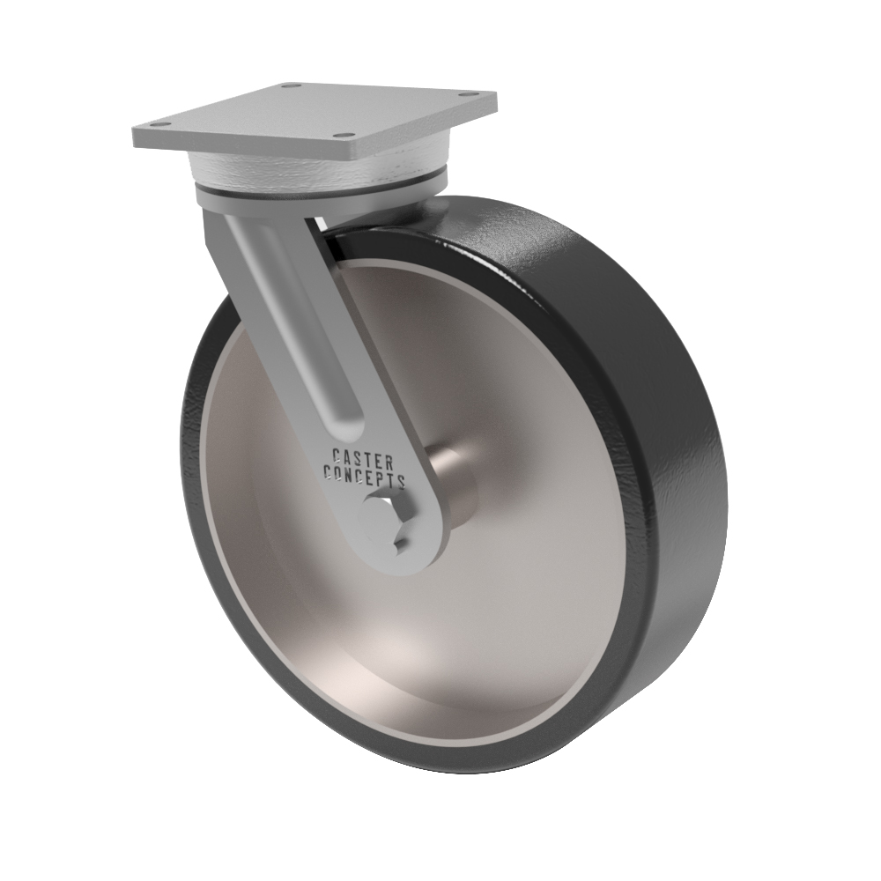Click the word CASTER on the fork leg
363,457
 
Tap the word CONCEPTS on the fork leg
364,477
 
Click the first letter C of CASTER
336,455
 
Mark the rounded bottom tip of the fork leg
396,564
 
